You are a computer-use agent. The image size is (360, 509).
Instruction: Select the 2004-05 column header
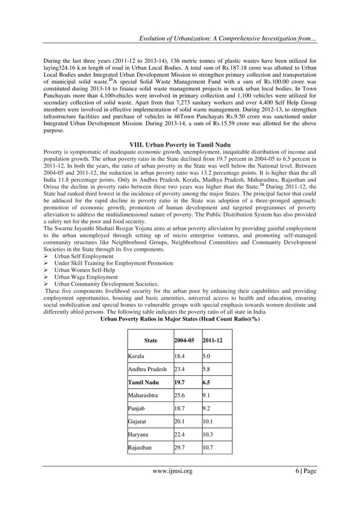click(185, 341)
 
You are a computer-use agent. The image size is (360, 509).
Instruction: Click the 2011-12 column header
click(213, 341)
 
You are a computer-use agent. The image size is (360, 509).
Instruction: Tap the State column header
click(151, 341)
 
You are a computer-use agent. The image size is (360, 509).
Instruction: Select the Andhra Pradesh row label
click(147, 369)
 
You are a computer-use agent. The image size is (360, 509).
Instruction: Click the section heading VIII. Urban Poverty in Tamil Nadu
click(180, 143)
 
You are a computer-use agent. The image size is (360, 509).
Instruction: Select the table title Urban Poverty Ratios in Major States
click(179, 318)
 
